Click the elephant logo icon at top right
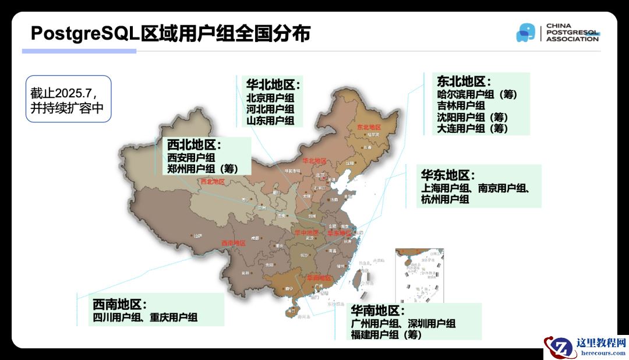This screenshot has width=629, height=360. pos(525,33)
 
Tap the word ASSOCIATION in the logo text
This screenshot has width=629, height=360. pos(572,39)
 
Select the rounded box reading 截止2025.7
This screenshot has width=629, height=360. pos(68,98)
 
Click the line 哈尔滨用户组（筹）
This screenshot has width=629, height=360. pos(477,94)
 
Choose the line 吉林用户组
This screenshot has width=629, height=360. pos(461,105)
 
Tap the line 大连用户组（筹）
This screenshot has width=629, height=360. pos(472,128)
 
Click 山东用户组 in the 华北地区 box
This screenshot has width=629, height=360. pos(270,121)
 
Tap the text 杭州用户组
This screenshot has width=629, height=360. pos(445,199)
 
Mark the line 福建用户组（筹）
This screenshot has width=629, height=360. pos(386,334)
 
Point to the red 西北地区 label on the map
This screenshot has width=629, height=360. pos(212,182)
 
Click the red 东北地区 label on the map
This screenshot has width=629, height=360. pos(368,127)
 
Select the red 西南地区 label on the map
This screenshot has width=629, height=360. pos(233,243)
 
